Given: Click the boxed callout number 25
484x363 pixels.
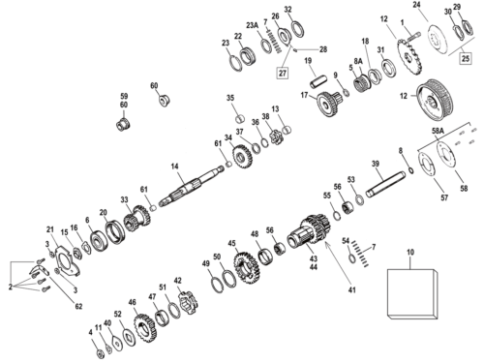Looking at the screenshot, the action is [466, 58].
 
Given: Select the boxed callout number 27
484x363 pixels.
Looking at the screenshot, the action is [283, 73].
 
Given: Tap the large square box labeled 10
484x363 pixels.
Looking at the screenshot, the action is [412, 293].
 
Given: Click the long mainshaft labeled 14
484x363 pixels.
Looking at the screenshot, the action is [191, 187].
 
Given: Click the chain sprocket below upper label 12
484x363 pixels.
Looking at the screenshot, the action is [409, 57].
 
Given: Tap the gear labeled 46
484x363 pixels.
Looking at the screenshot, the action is [144, 330].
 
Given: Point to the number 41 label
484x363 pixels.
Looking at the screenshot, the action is [352, 289].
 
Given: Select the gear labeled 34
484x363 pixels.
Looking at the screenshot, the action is [243, 156].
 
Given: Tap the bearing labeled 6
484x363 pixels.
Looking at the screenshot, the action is [97, 239].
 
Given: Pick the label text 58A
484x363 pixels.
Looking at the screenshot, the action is [438, 131].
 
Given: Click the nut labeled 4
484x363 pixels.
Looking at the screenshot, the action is [101, 353].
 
